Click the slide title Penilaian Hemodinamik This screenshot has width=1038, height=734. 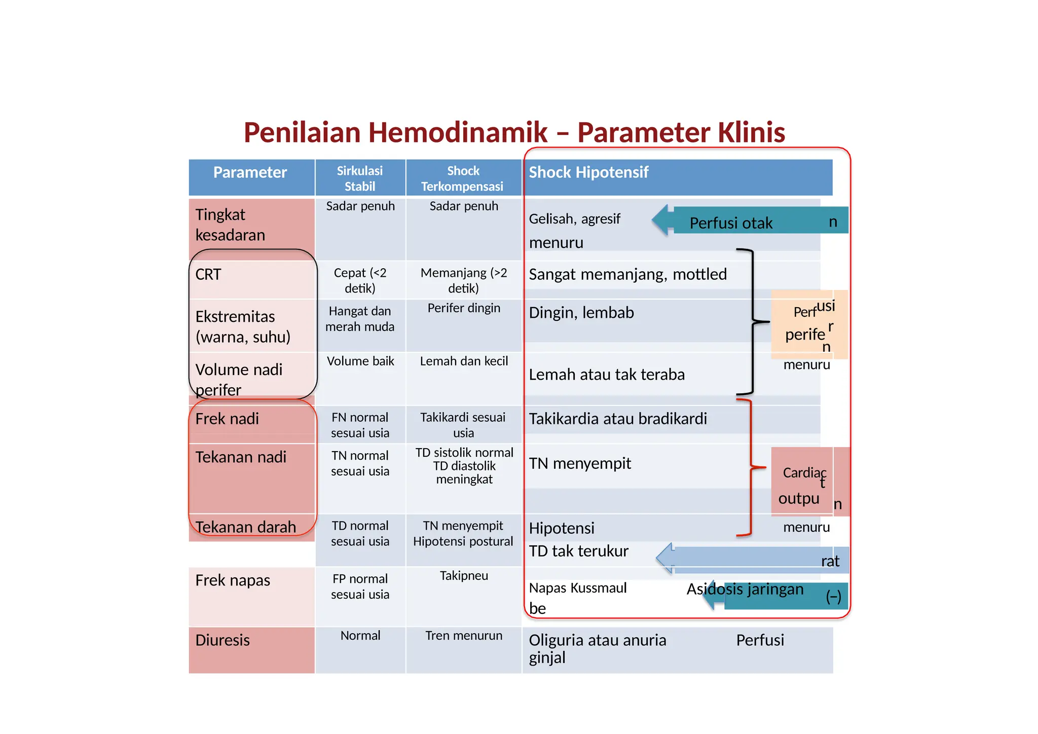click(514, 132)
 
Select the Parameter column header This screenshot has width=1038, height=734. click(250, 172)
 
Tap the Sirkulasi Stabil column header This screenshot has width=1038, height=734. click(360, 178)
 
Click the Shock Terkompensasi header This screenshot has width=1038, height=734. click(463, 178)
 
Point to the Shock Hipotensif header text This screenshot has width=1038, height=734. click(588, 172)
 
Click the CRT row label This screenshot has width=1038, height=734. click(208, 274)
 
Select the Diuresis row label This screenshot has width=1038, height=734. click(223, 640)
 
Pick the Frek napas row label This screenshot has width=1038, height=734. click(233, 580)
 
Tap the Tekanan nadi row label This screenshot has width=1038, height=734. click(241, 457)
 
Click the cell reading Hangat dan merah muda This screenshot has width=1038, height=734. click(360, 319)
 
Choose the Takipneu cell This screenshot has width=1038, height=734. click(464, 576)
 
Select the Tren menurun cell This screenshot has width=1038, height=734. click(464, 636)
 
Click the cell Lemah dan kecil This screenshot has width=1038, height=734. click(464, 361)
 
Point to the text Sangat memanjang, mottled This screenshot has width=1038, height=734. click(627, 274)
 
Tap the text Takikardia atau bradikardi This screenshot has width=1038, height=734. click(618, 419)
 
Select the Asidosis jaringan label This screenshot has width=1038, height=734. click(745, 590)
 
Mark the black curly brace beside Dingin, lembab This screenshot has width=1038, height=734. click(753, 321)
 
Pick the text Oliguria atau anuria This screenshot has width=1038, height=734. click(597, 640)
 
